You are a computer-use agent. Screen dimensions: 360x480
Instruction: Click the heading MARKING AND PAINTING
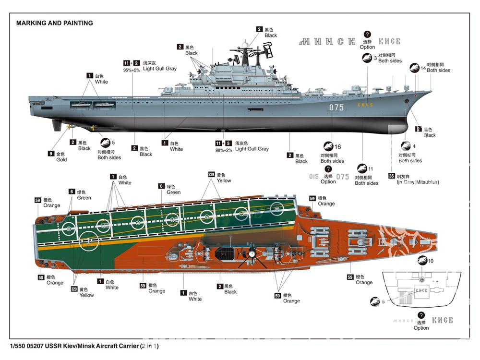tap(54, 23)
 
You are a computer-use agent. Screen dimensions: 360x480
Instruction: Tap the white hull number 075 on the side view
tap(336, 108)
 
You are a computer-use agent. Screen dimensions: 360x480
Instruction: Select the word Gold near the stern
tap(61, 160)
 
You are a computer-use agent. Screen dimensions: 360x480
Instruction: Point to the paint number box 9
tap(50, 154)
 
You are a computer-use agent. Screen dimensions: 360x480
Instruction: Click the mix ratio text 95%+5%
tap(132, 70)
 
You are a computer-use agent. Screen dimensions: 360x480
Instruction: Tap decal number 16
tap(337, 147)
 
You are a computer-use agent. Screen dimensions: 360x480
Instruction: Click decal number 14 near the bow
tap(423, 68)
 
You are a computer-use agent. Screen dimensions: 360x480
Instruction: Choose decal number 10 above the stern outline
tap(431, 261)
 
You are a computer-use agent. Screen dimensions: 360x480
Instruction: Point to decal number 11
tap(370, 169)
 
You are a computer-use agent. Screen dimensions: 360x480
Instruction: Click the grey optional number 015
tap(314, 177)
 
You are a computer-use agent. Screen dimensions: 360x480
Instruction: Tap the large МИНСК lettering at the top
tap(327, 42)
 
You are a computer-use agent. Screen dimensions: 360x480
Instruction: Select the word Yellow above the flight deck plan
tap(224, 181)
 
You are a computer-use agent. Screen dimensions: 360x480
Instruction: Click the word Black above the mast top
tap(271, 36)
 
